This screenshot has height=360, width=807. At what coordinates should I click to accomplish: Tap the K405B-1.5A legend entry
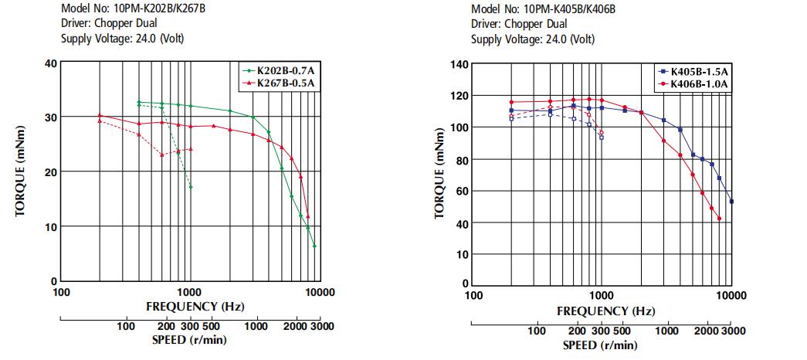(x=691, y=72)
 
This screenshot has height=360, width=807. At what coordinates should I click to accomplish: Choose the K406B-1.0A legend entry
(x=691, y=83)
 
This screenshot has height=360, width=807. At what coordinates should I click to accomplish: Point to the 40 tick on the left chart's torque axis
(x=49, y=64)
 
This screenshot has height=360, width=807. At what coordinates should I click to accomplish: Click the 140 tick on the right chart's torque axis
(x=459, y=65)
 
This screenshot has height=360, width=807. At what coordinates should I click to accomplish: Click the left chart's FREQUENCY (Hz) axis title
(x=195, y=307)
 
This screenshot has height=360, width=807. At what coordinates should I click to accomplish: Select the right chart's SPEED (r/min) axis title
(x=600, y=345)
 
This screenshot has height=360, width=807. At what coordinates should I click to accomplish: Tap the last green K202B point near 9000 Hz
(x=314, y=246)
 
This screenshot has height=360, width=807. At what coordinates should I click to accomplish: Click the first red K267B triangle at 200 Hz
(x=100, y=115)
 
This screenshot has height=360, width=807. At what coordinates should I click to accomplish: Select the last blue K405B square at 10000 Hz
(x=731, y=202)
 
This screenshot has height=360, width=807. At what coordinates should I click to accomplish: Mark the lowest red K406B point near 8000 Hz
(x=719, y=219)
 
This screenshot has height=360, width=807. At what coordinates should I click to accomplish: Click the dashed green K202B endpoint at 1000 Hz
(x=191, y=187)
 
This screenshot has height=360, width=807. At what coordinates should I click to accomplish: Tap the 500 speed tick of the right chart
(x=622, y=330)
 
